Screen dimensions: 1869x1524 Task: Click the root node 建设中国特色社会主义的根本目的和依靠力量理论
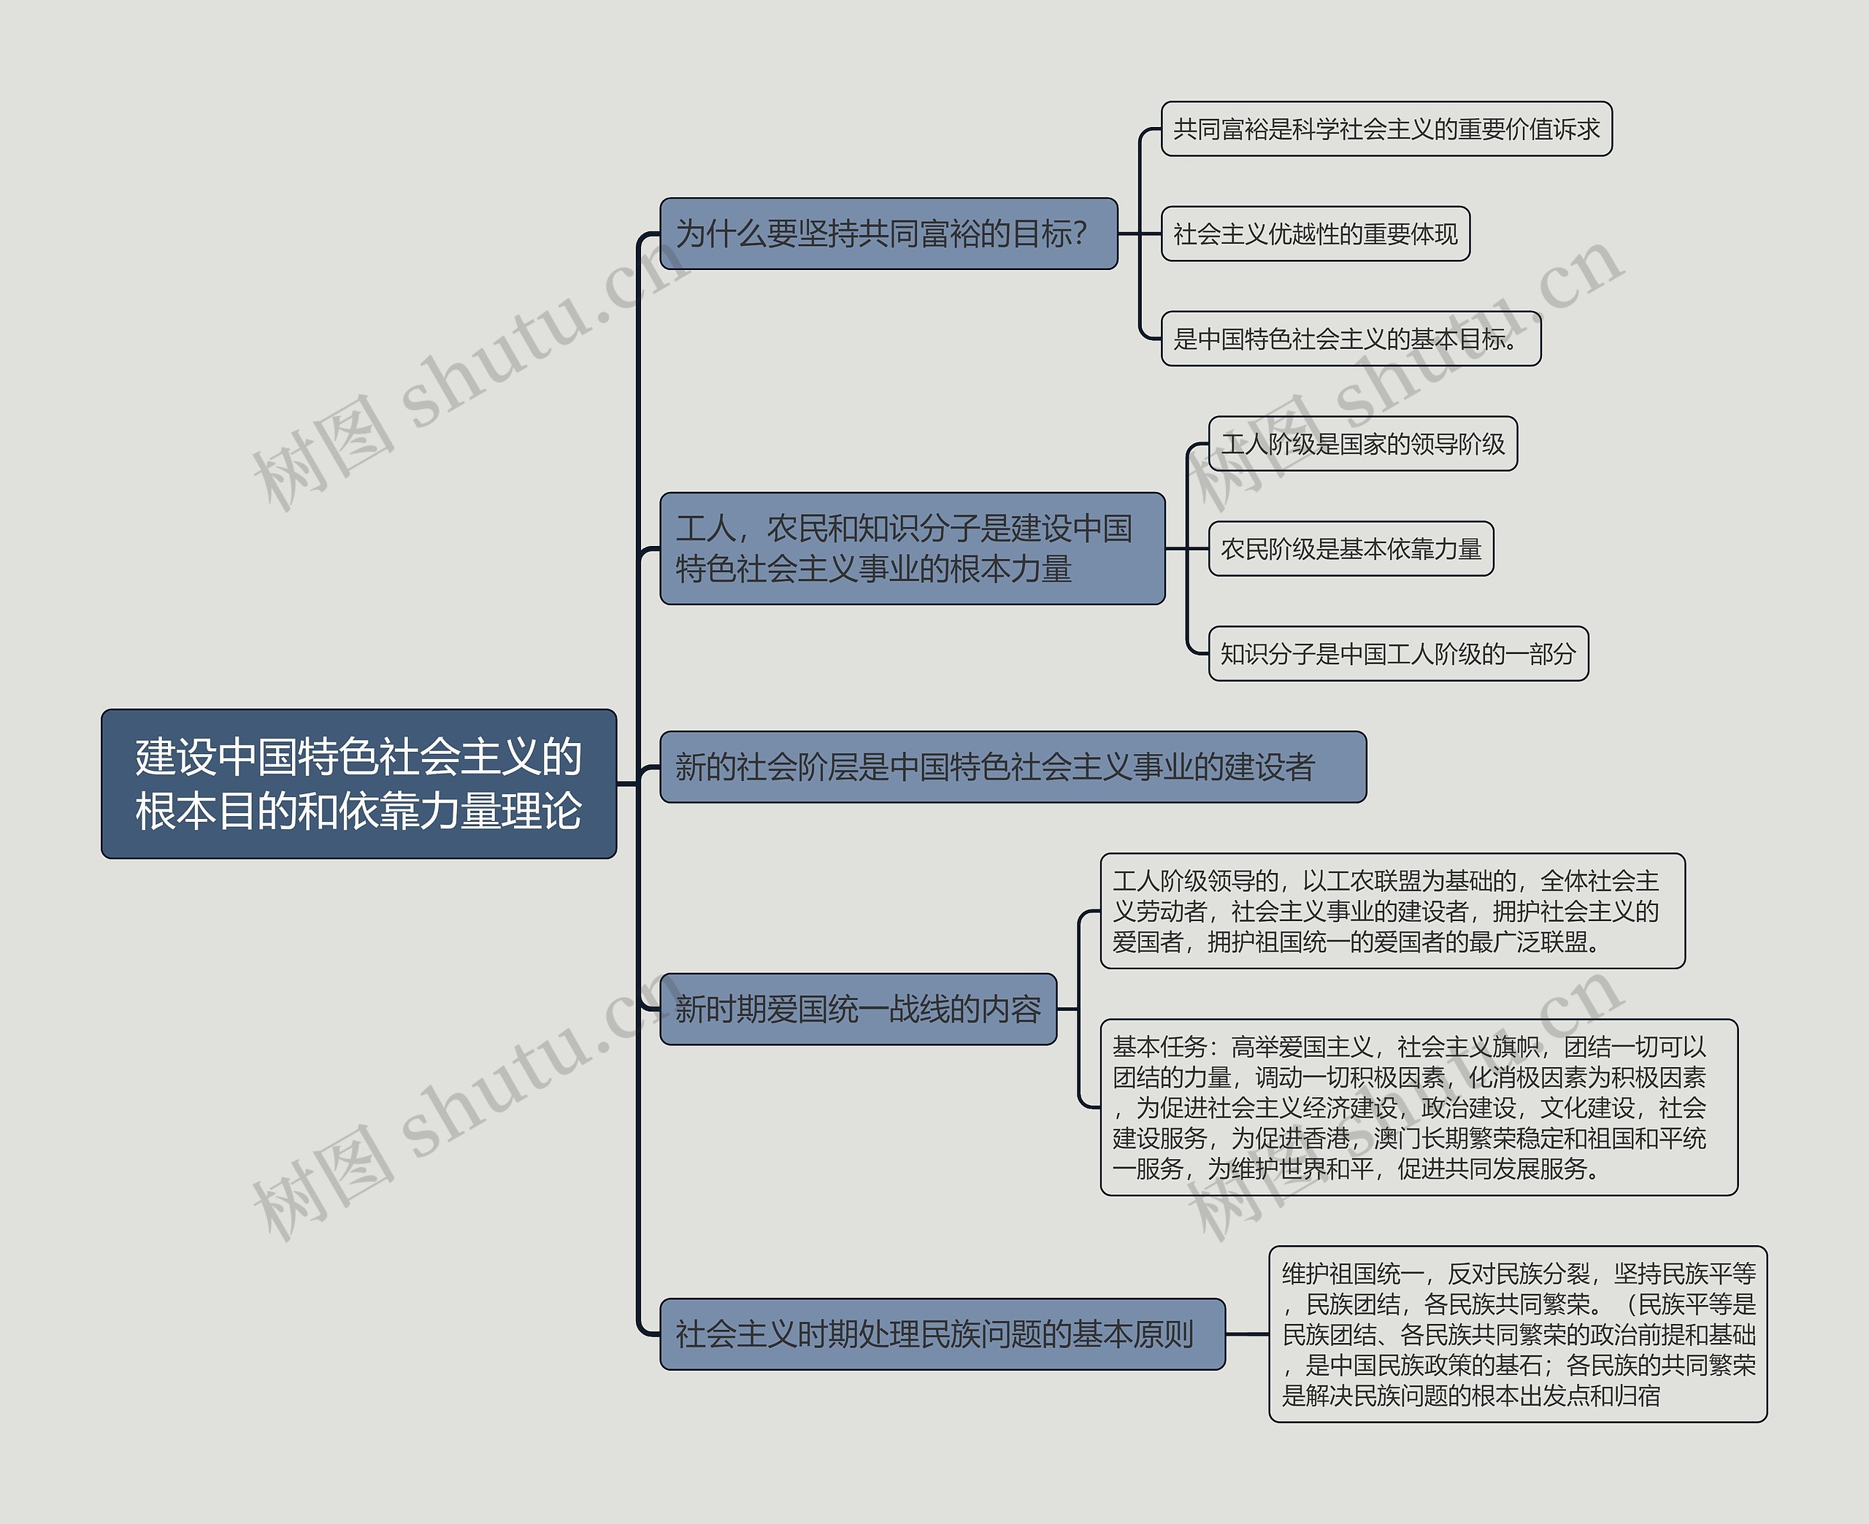point(358,783)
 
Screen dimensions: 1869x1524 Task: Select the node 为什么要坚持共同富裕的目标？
point(888,234)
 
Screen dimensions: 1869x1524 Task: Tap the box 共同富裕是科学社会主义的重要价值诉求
point(1386,129)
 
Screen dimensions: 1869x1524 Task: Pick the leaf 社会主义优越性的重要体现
point(1315,234)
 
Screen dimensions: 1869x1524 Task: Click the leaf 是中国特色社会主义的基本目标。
point(1350,338)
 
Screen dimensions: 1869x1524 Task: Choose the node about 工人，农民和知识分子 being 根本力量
point(911,548)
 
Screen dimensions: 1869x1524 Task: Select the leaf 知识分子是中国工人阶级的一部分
point(1397,653)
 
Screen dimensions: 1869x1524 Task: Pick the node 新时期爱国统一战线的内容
point(858,1009)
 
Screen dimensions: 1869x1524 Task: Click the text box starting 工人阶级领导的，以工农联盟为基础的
point(1392,910)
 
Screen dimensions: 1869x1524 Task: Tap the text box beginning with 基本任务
point(1418,1107)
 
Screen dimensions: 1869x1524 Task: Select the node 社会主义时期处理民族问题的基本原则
point(942,1333)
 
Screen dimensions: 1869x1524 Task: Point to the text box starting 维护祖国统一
point(1517,1333)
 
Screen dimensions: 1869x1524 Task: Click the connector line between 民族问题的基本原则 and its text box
point(1246,1333)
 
